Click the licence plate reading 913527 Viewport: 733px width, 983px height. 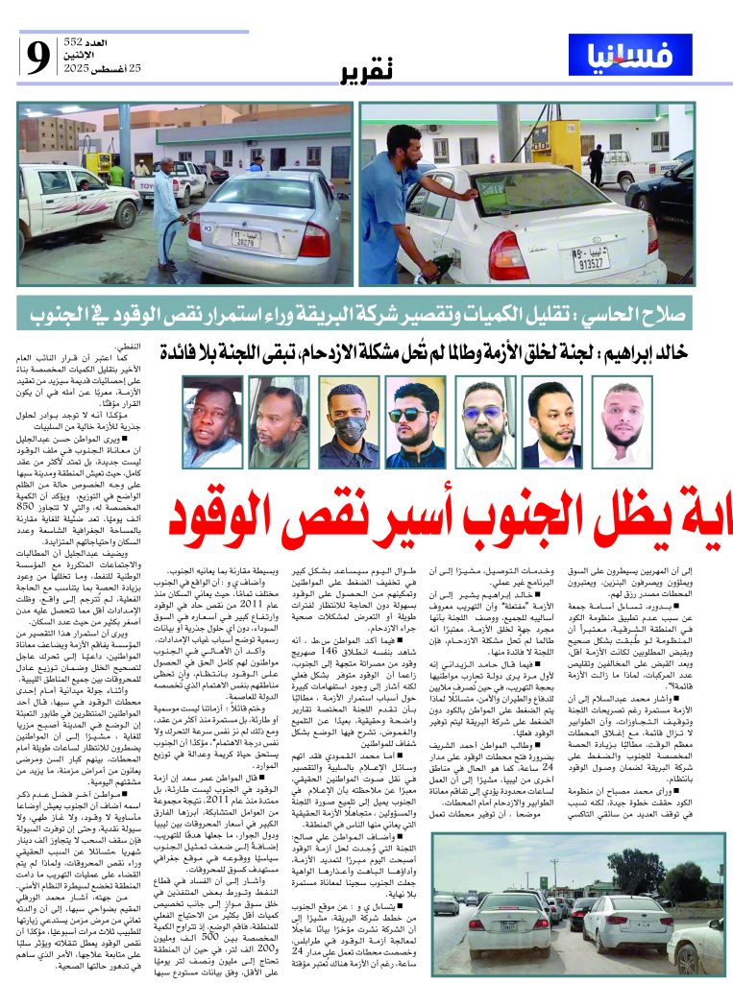[x=590, y=258]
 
